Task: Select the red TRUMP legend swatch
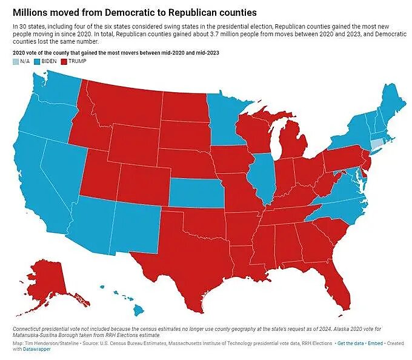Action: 64,61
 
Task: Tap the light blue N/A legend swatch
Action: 15,61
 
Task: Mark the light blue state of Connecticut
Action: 377,144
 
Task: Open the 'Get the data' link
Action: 353,344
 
